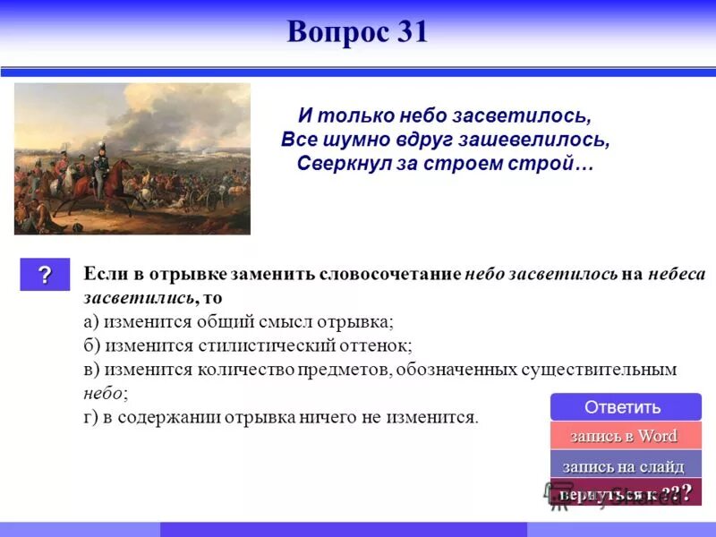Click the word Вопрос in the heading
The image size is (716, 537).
(333, 32)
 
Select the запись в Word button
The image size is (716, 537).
(624, 436)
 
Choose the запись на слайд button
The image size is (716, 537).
(624, 466)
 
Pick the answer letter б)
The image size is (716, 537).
(90, 345)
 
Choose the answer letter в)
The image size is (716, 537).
(90, 369)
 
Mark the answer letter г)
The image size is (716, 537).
(89, 416)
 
